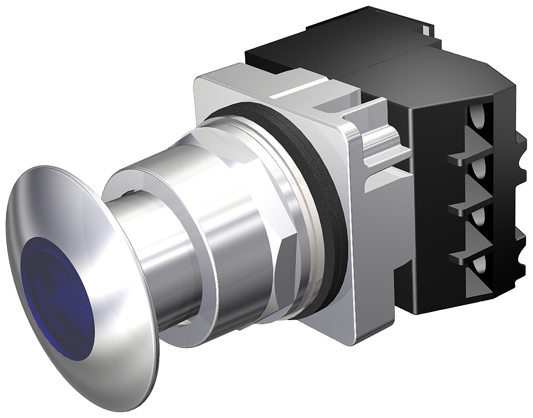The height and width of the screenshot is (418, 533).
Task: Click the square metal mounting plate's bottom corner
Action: pos(368,335)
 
